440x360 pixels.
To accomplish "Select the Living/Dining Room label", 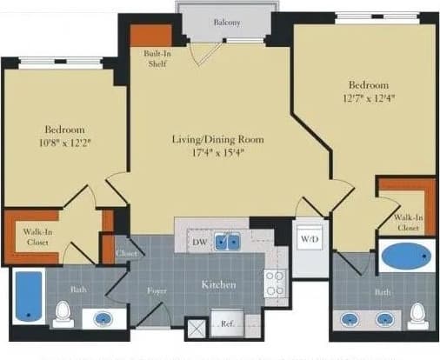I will pos(217,139).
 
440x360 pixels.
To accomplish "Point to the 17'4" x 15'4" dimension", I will pos(217,153).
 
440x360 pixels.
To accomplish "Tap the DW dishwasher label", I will pos(199,242).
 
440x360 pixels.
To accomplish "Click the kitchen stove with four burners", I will pos(276,283).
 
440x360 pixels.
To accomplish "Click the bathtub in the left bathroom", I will pos(30,296).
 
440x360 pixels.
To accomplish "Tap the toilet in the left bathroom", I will pos(63,314).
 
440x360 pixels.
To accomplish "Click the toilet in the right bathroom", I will pos(418,313).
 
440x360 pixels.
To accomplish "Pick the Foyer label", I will pos(157,291).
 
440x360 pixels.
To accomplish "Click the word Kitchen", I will pos(220,284).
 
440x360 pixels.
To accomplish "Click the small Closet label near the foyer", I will pos(127,253).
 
